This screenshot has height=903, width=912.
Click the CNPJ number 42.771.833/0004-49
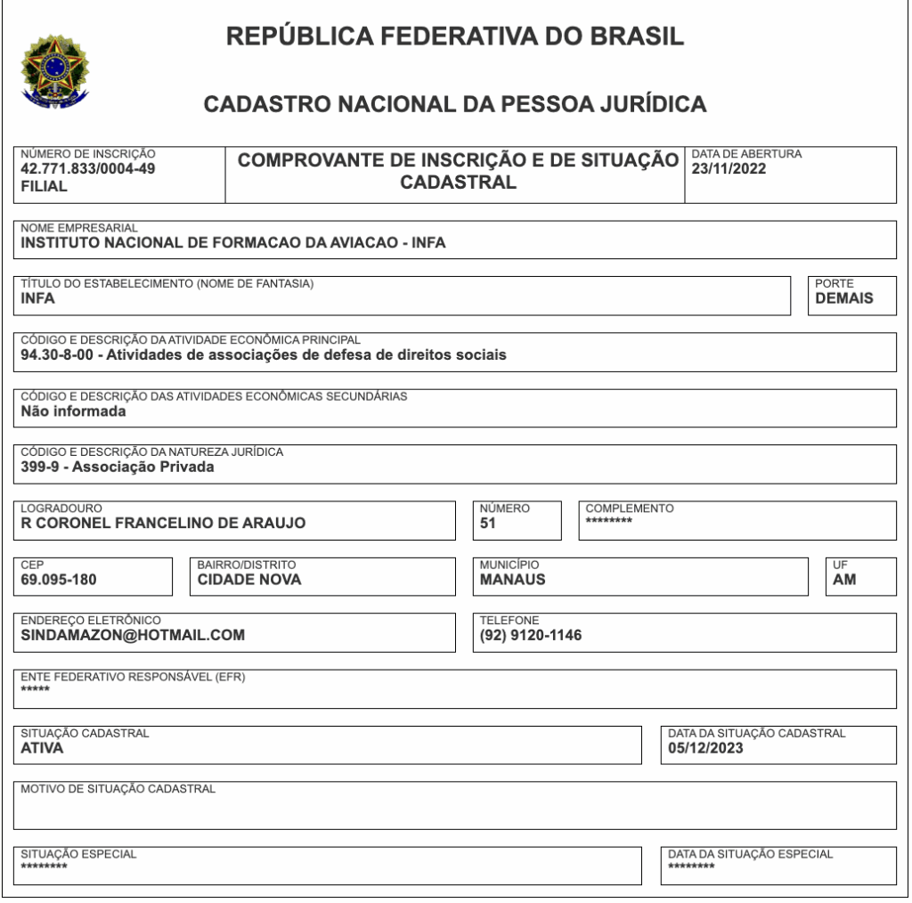coord(88,169)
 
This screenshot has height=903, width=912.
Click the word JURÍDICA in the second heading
coord(654,105)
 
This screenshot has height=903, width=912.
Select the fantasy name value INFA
coord(38,299)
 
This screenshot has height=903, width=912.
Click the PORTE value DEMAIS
coord(844,299)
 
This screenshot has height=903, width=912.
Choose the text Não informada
coord(73,411)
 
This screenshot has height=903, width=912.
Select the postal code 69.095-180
coord(59,580)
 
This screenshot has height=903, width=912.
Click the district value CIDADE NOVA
coord(249,580)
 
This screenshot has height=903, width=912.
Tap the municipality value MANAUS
coord(513,580)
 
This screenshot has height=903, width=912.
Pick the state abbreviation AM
coord(844,580)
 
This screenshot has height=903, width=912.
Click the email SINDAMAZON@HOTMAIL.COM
coord(133,636)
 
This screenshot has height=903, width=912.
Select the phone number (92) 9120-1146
coord(531,636)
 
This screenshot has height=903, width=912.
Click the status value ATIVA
coord(42,748)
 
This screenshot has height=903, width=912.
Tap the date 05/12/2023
coord(705,748)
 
